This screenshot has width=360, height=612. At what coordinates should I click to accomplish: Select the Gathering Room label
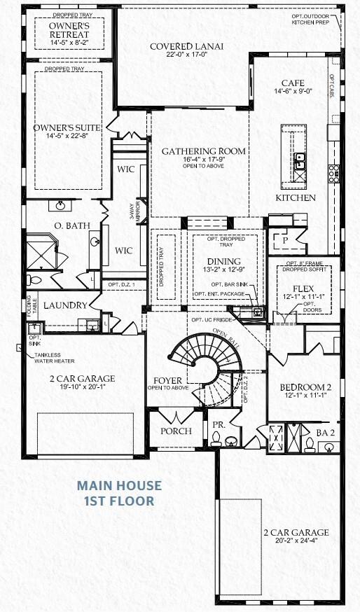[x=204, y=151]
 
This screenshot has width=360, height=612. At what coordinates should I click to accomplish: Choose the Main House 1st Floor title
[x=119, y=492]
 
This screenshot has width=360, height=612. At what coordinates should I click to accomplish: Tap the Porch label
[x=176, y=431]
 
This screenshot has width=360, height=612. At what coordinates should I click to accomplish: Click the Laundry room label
[x=64, y=305]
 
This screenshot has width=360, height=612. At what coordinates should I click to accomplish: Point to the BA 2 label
[x=326, y=433]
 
